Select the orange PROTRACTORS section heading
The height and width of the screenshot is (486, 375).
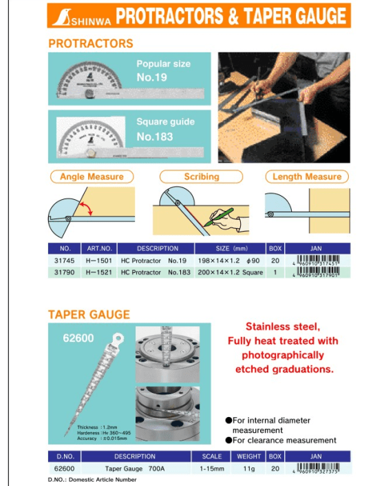point(90,43)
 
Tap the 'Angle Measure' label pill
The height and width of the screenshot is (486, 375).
point(91,177)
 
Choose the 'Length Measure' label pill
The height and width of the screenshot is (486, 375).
point(306,177)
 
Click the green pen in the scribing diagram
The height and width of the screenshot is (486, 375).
point(225,216)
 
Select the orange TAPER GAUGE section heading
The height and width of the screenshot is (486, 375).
point(88,314)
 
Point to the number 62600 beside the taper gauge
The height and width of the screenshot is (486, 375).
point(77,338)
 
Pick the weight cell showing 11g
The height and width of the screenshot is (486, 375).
point(248,467)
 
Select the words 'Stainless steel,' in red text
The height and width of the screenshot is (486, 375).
point(283,327)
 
